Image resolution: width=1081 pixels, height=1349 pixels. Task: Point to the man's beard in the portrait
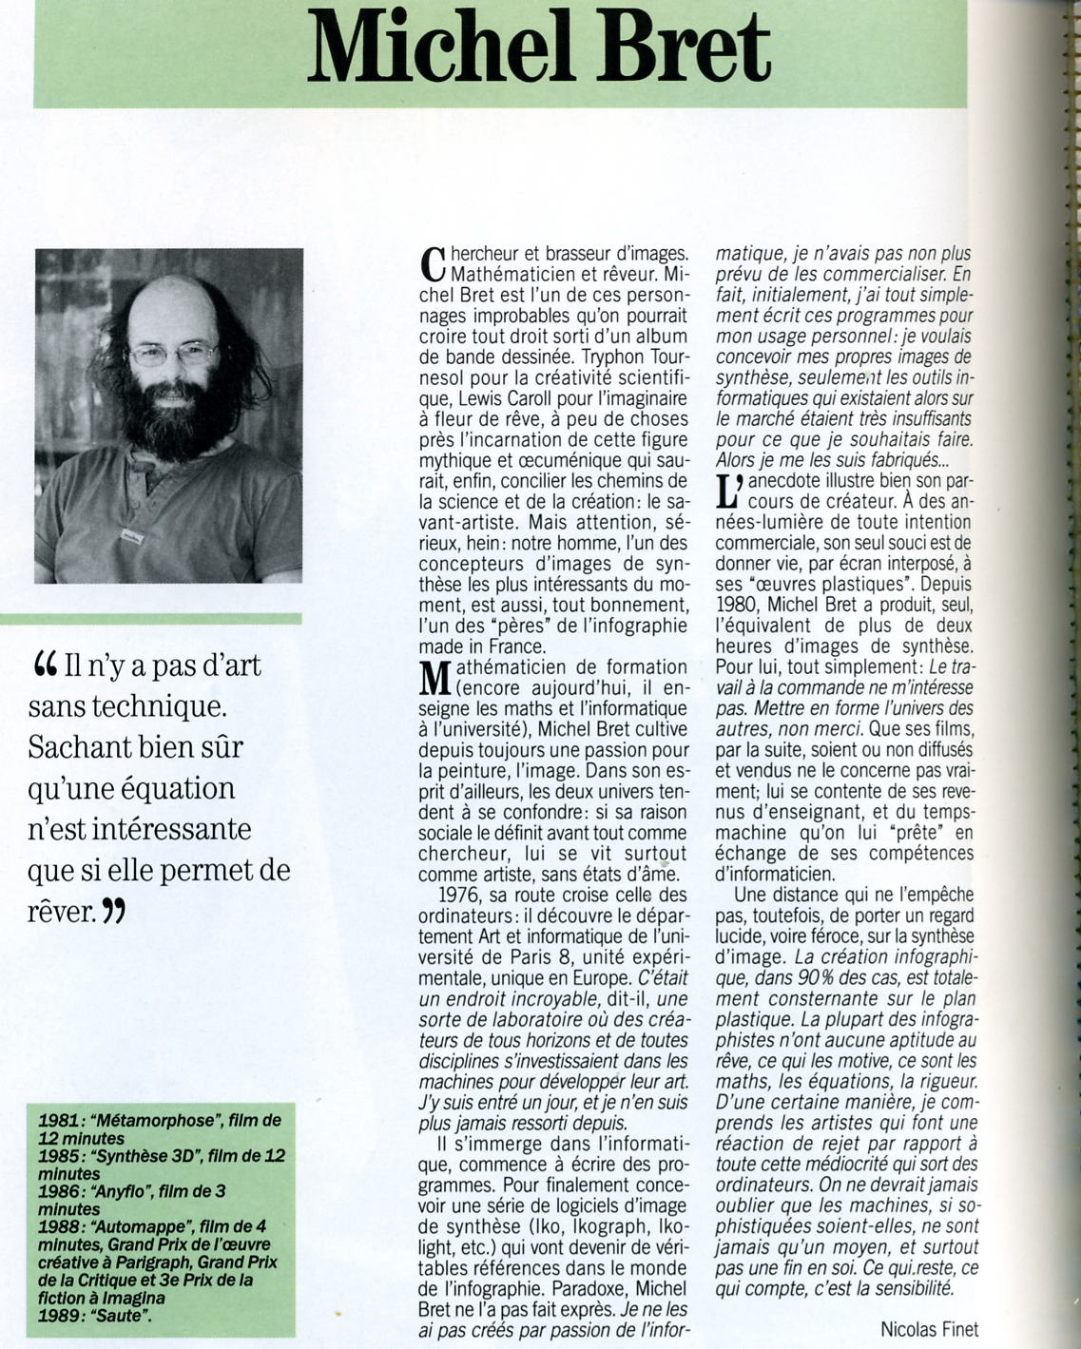(x=173, y=428)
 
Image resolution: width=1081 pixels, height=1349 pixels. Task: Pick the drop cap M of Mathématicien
(x=434, y=678)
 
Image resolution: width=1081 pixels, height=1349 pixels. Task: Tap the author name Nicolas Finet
(x=929, y=1329)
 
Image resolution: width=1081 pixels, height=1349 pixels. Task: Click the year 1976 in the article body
(x=461, y=895)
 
